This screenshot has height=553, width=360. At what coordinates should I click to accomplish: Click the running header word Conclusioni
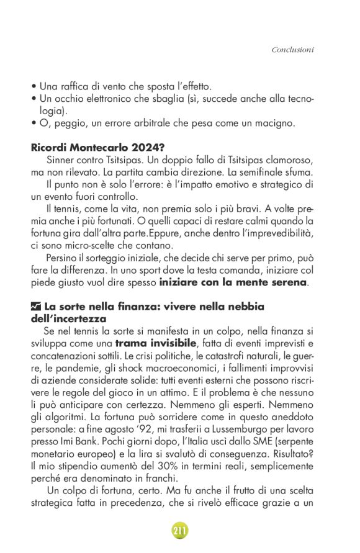pos(292,49)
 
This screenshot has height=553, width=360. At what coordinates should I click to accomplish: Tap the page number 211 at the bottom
pos(179,531)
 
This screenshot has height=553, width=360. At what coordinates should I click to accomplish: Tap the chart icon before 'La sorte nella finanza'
pos(36,307)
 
